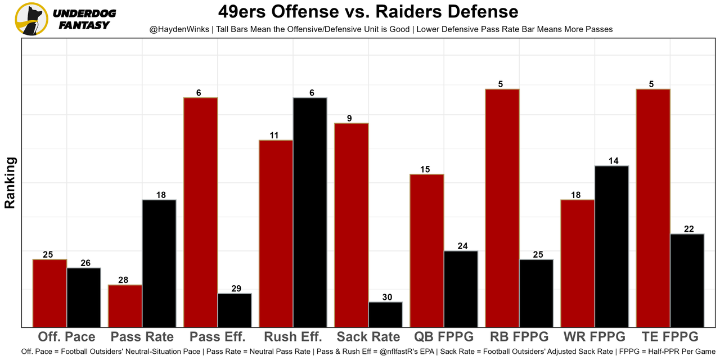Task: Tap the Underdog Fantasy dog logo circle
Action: click(31, 19)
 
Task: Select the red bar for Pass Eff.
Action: click(201, 212)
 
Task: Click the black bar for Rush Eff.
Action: click(310, 212)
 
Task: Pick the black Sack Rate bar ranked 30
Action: click(385, 314)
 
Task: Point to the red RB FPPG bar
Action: click(502, 208)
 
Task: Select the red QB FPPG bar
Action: click(427, 250)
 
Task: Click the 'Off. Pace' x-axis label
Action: click(66, 337)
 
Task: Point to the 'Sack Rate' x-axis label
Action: click(368, 337)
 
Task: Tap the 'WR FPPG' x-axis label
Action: click(595, 337)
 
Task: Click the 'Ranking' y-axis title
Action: click(10, 183)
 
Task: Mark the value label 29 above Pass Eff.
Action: click(236, 289)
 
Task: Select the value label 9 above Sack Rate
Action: click(349, 118)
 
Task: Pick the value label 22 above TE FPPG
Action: click(688, 229)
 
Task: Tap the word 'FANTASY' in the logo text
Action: click(84, 25)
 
